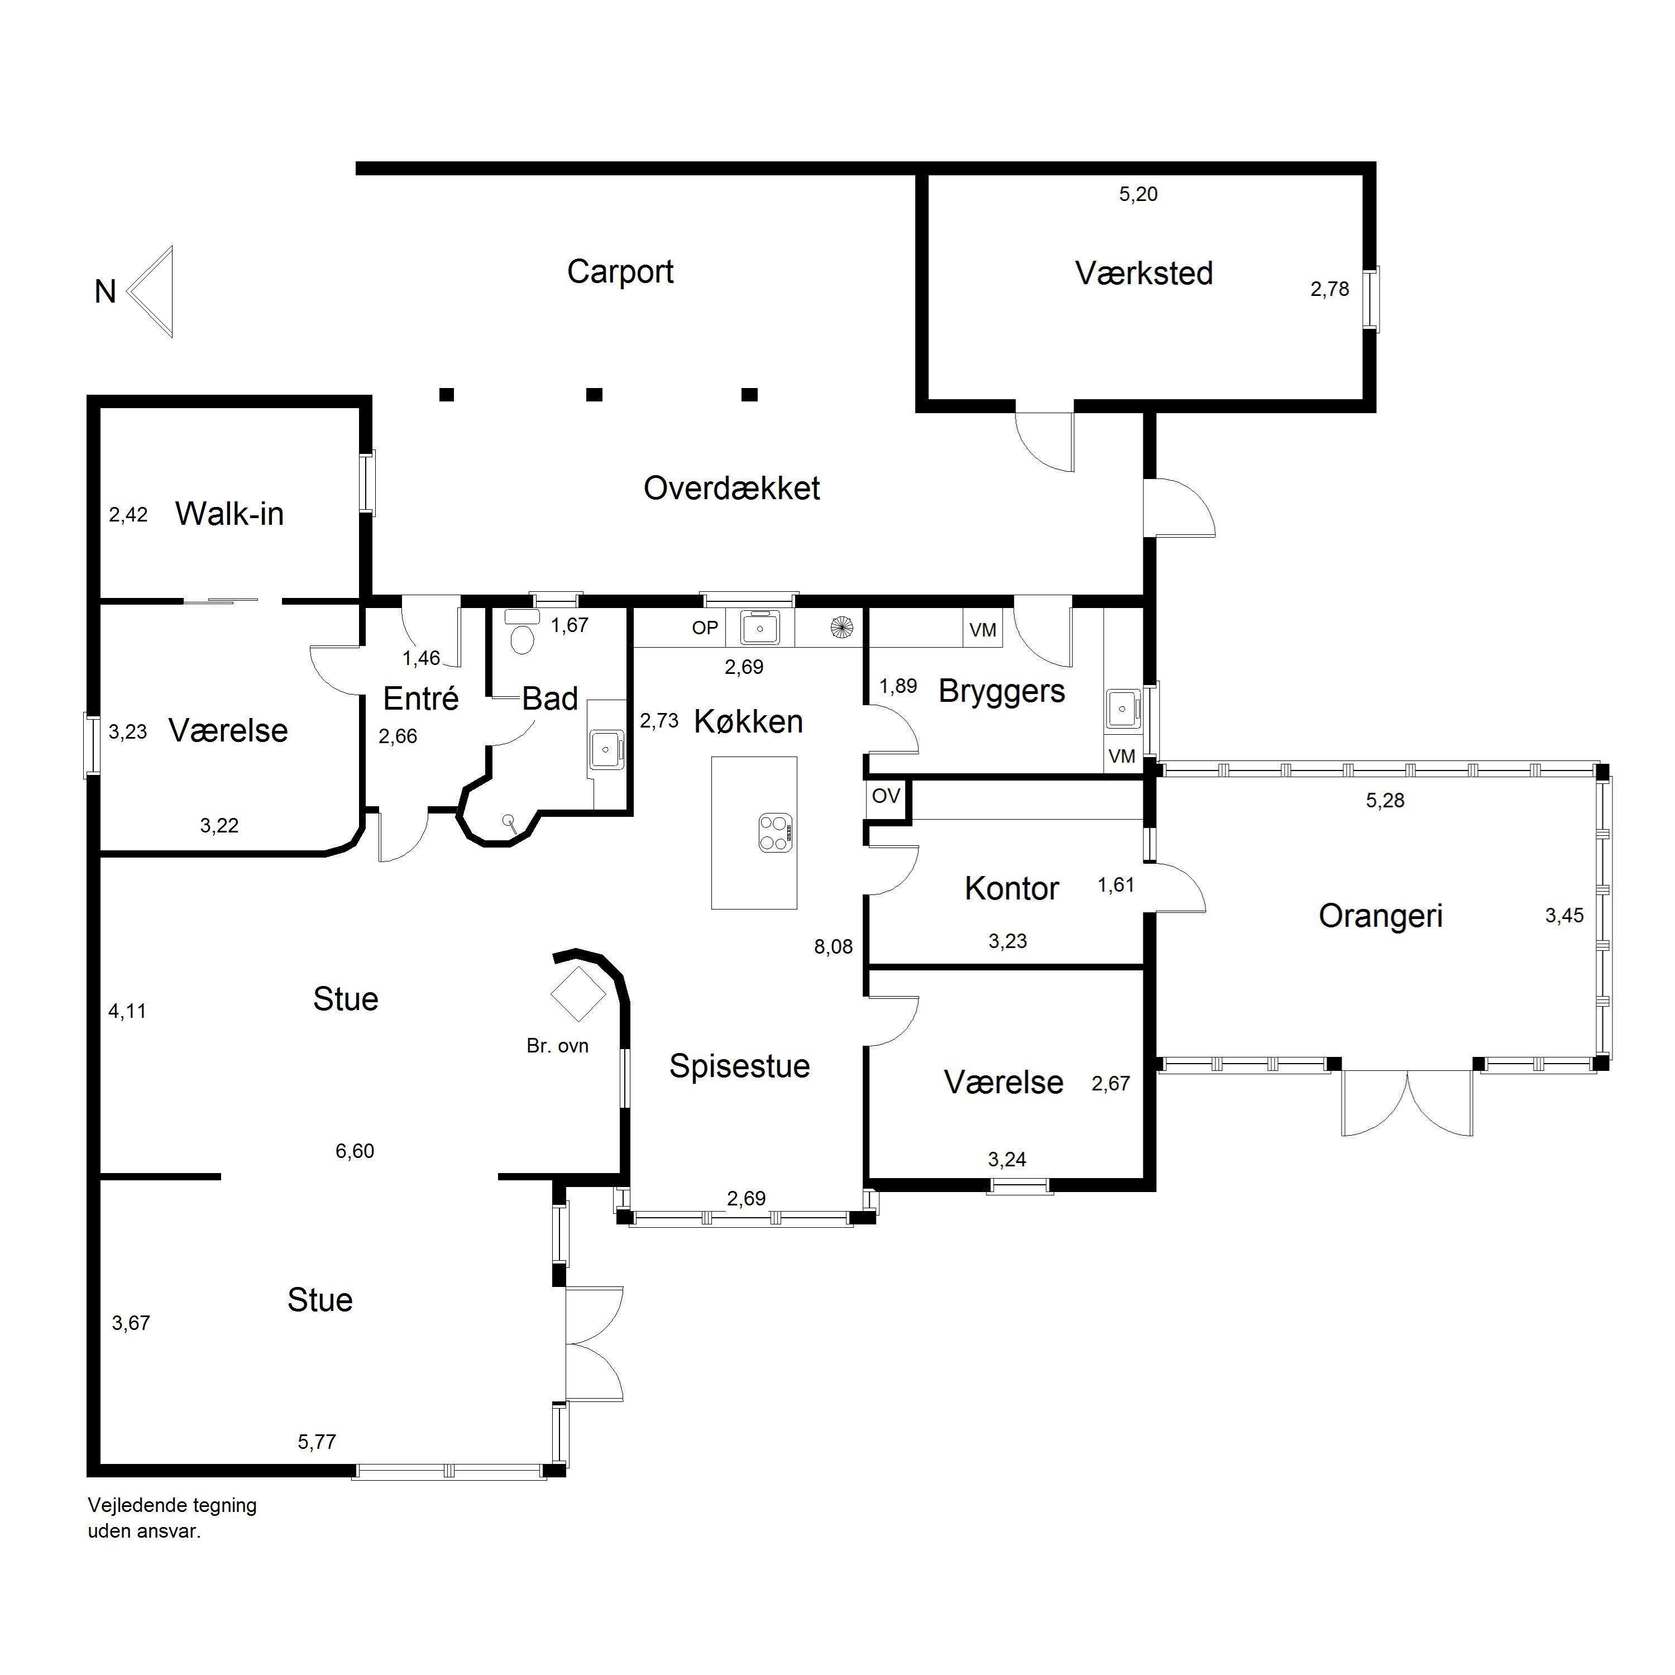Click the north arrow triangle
pos(157,291)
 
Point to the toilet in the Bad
pos(522,633)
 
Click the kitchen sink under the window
pos(760,627)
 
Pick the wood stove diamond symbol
pos(578,994)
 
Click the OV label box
pos(886,796)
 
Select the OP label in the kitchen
pos(705,628)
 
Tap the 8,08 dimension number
pos(833,947)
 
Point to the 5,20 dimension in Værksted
pos(1138,194)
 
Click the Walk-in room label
pos(229,514)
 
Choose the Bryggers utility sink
pos(1123,709)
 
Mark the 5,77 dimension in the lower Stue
pos(317,1442)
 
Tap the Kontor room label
pos(1012,889)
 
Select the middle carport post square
pos(594,395)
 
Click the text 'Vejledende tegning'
pos(173,1506)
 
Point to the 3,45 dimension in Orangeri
pos(1564,916)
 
